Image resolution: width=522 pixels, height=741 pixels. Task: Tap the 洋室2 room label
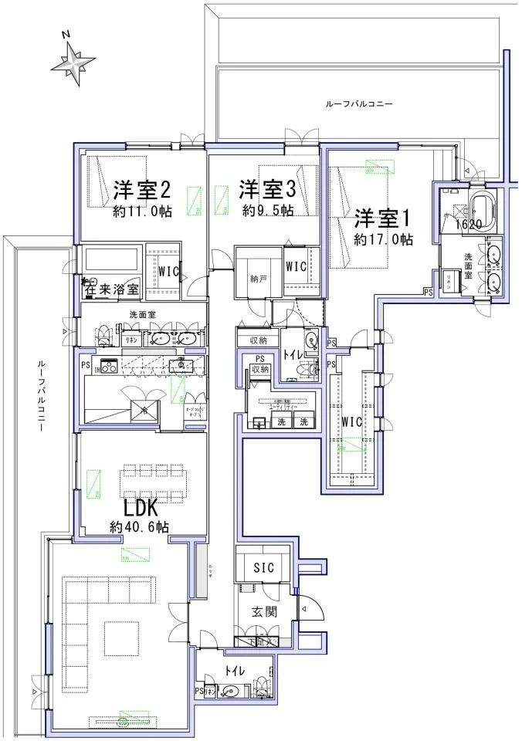(x=142, y=189)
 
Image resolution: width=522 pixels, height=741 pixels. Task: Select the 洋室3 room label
(x=267, y=189)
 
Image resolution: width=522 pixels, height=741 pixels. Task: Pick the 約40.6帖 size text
(x=139, y=528)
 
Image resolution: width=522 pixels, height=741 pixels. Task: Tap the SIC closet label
(x=263, y=568)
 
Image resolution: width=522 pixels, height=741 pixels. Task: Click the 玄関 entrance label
(x=263, y=612)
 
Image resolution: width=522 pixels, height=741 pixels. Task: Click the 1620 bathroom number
(x=468, y=225)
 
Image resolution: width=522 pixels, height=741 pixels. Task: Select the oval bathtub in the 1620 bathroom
(x=483, y=207)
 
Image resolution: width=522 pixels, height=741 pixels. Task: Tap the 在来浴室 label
(x=113, y=290)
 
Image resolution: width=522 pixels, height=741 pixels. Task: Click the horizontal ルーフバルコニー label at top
(x=359, y=103)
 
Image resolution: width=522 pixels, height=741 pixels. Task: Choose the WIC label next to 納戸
(x=297, y=266)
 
